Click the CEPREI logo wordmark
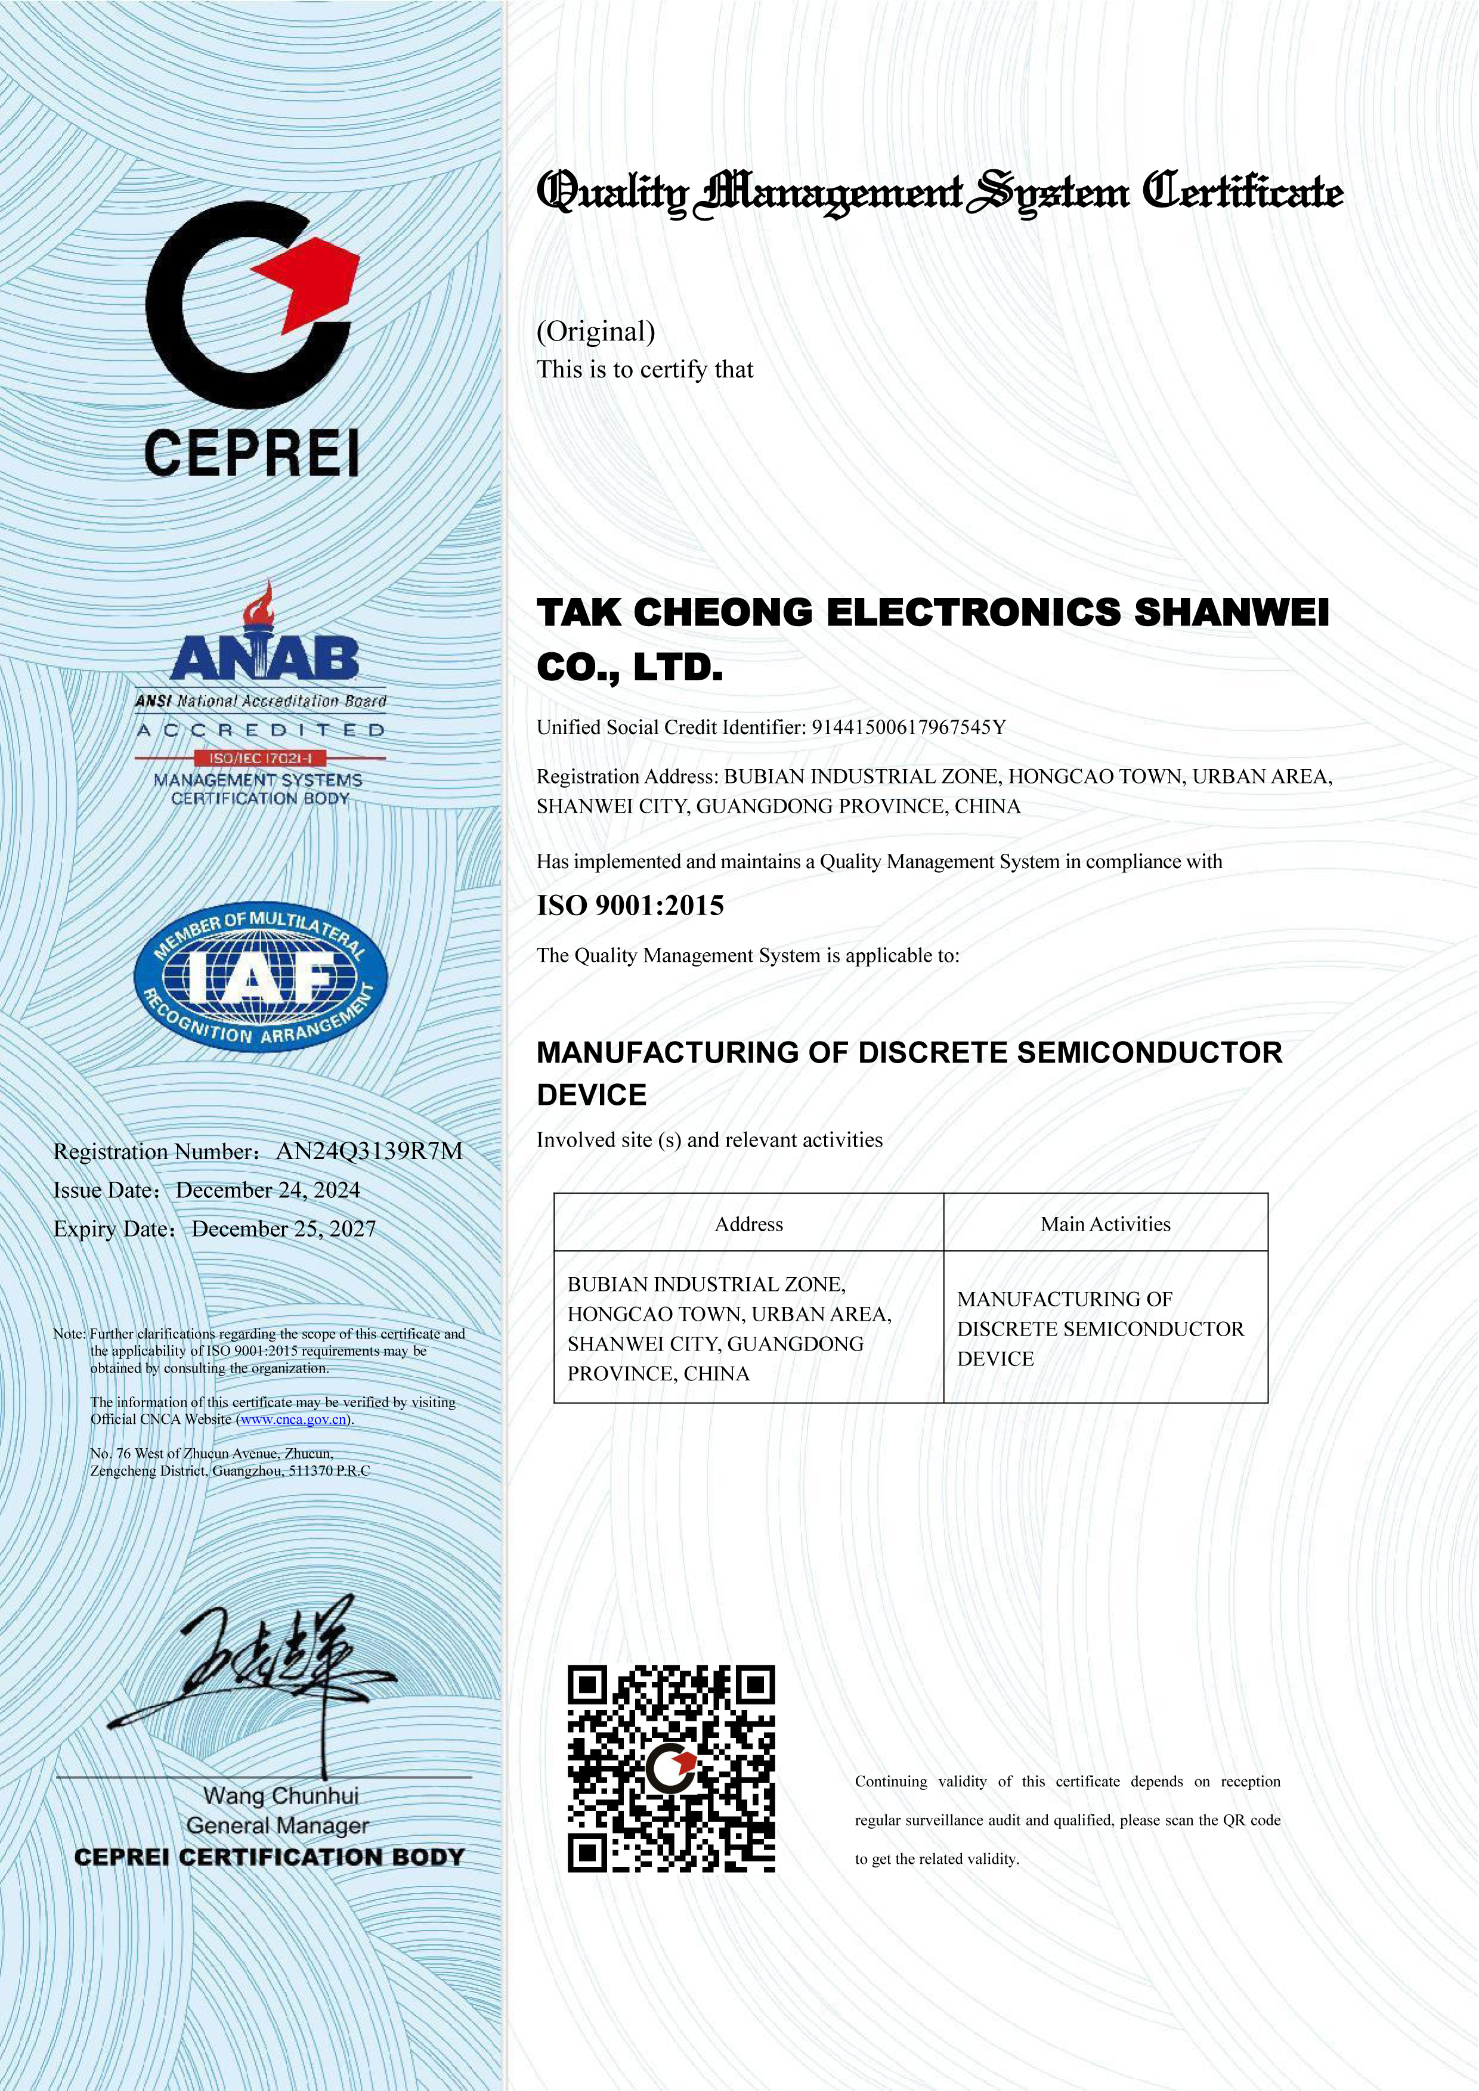tap(251, 453)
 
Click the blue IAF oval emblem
tap(261, 979)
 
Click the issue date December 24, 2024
tap(268, 1190)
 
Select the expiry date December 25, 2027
tap(283, 1229)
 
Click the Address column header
tap(748, 1224)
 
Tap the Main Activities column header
tap(1106, 1224)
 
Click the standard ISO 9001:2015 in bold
tap(630, 905)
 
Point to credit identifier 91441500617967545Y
tap(908, 727)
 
